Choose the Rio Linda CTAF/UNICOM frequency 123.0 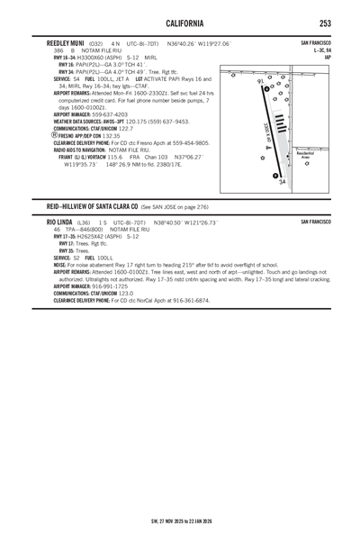click(121, 293)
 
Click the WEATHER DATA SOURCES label click(82, 122)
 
